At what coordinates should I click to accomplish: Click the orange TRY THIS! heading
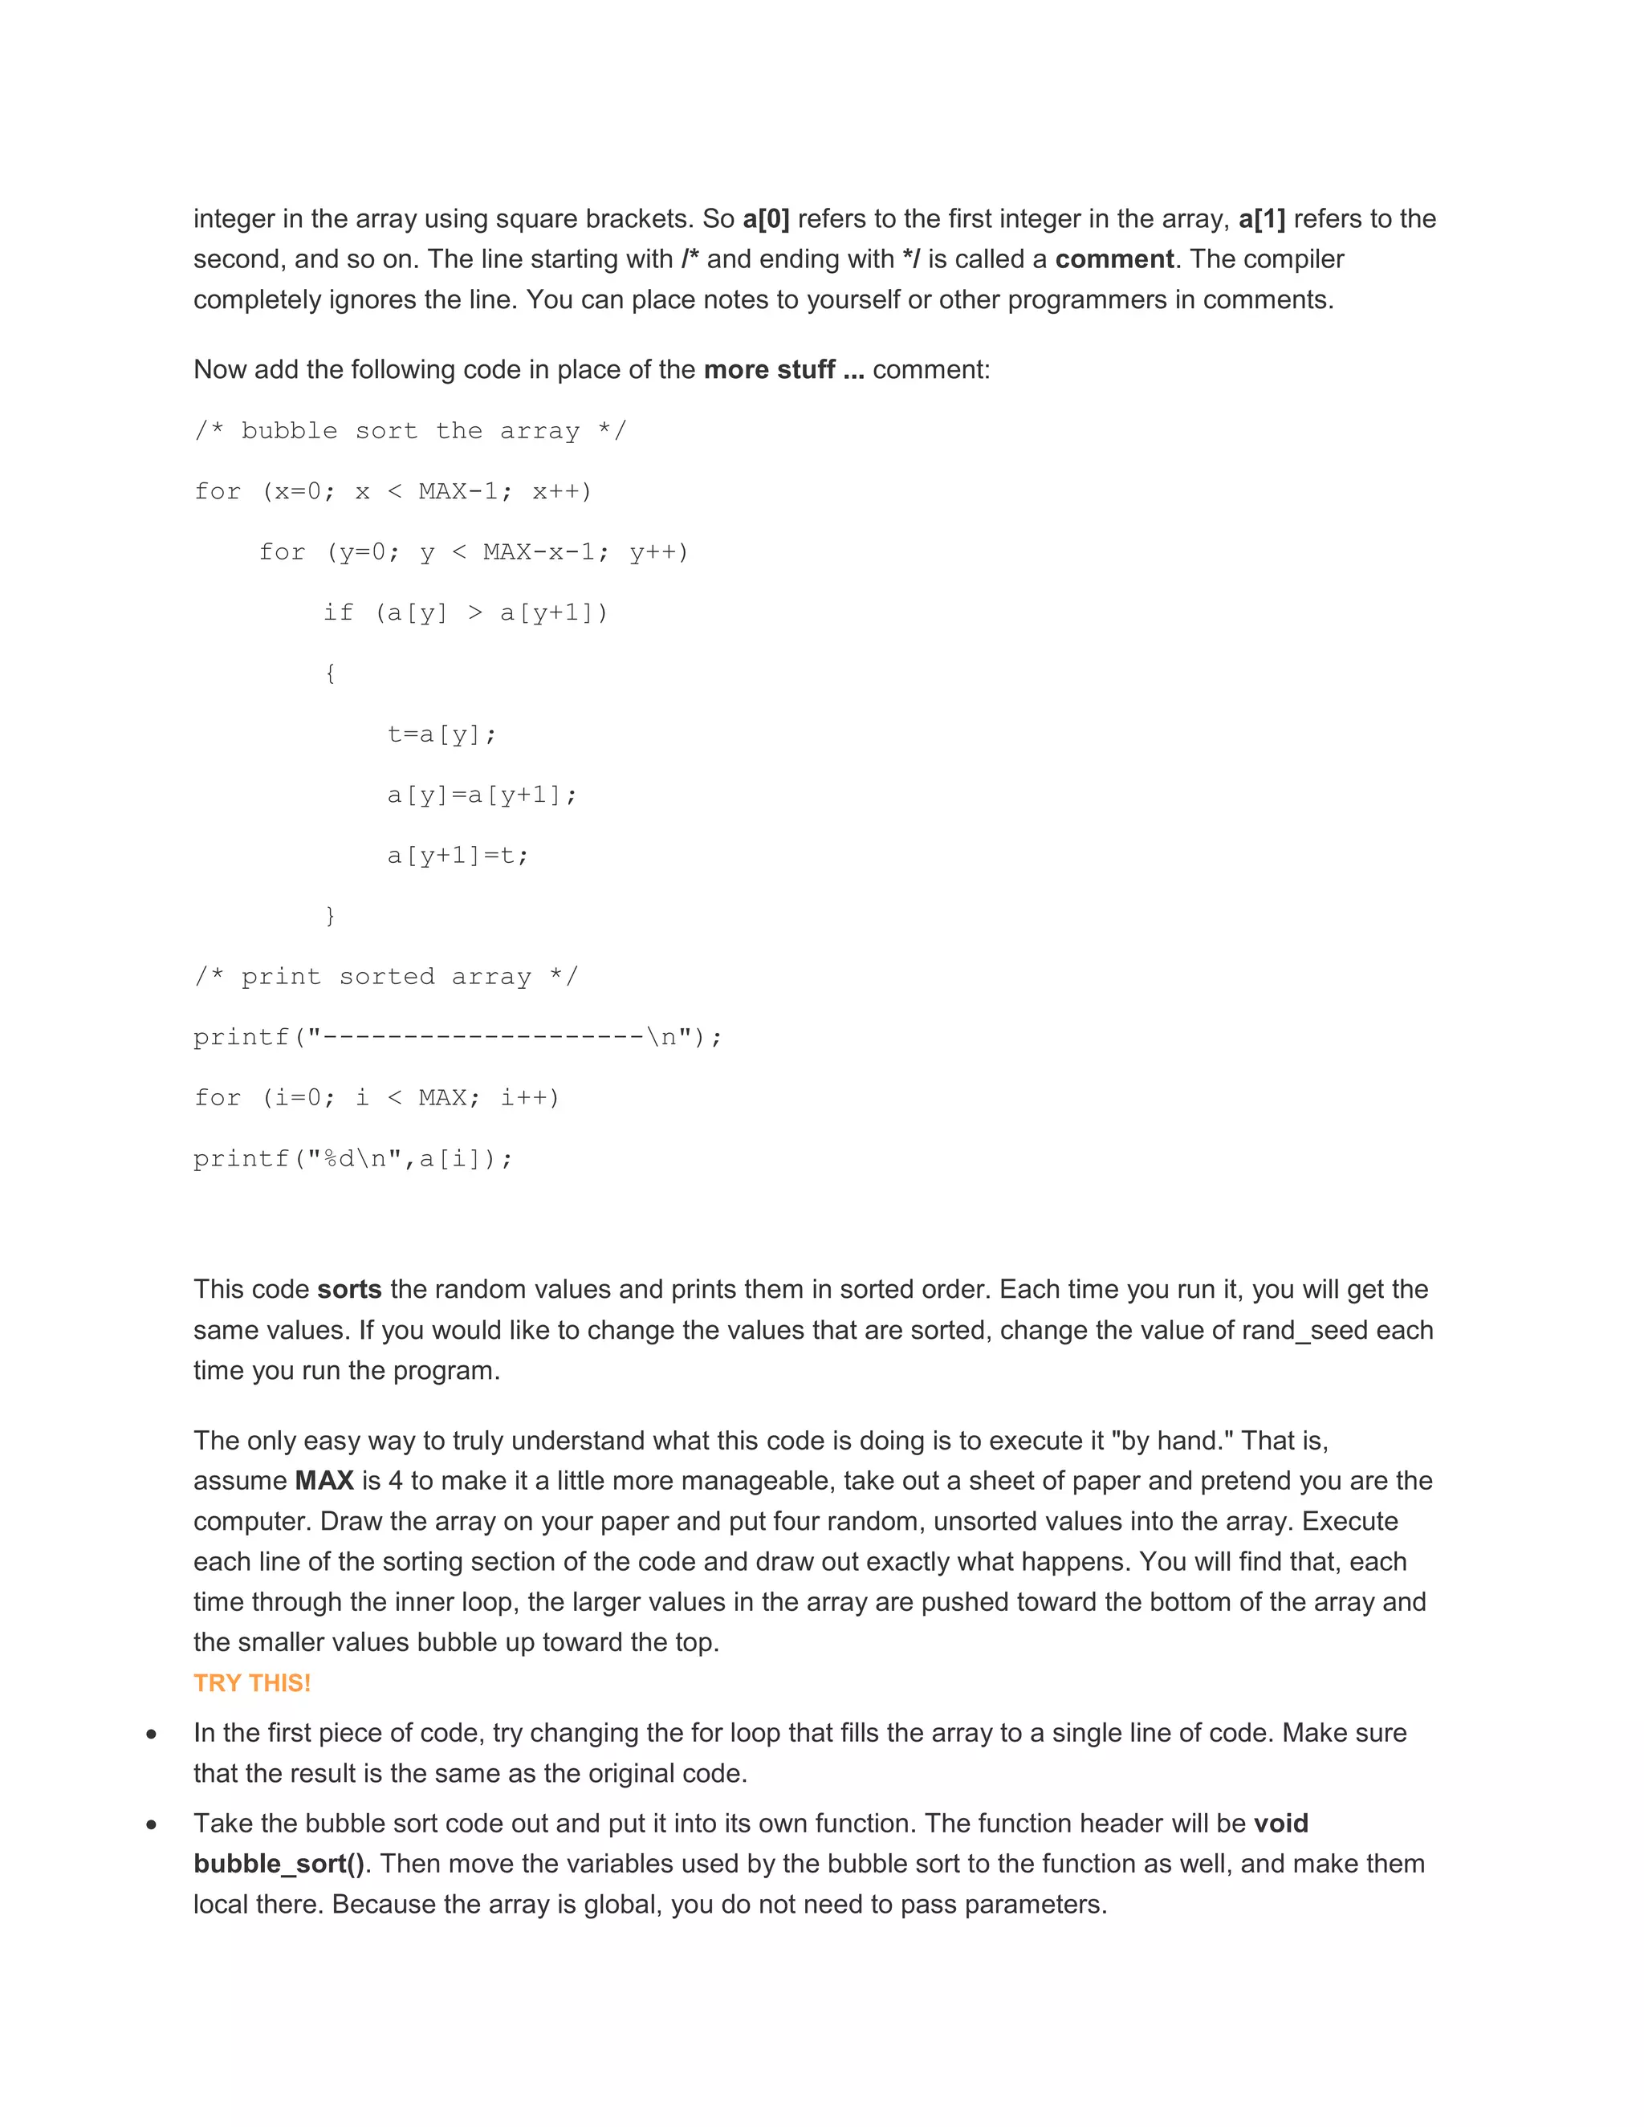(x=251, y=1683)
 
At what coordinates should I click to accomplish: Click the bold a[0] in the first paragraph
(x=766, y=219)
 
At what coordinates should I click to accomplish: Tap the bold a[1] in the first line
(x=1261, y=219)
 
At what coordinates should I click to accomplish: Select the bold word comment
(x=1114, y=259)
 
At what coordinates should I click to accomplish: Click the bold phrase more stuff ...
(x=769, y=370)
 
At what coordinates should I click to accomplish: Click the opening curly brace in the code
(x=330, y=673)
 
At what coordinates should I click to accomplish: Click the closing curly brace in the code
(x=330, y=916)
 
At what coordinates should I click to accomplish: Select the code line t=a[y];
(x=442, y=734)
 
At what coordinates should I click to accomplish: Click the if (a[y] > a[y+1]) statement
(x=466, y=613)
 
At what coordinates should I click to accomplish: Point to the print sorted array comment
(x=385, y=977)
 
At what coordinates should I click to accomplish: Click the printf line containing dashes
(x=457, y=1038)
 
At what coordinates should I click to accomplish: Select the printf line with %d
(x=352, y=1159)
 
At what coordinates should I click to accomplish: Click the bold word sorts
(x=348, y=1290)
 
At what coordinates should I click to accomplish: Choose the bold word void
(x=1280, y=1823)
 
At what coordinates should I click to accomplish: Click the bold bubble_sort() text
(x=279, y=1864)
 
